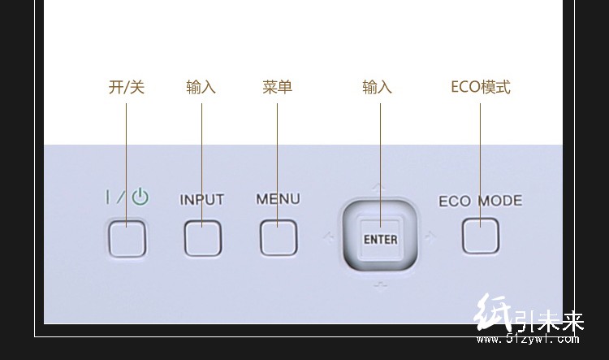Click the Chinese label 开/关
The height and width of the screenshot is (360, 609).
click(x=126, y=88)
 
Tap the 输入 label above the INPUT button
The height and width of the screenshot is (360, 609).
click(x=201, y=88)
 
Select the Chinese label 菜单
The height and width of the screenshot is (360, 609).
click(x=278, y=88)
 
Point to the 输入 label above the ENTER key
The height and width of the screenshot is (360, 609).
click(x=377, y=88)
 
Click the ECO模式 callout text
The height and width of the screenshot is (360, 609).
click(x=481, y=88)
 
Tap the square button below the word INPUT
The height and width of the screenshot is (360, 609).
click(x=202, y=238)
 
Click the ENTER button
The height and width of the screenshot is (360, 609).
click(x=380, y=239)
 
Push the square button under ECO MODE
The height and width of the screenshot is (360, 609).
click(x=481, y=236)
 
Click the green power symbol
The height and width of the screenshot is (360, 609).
click(x=140, y=197)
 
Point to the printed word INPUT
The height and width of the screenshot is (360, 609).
click(x=201, y=200)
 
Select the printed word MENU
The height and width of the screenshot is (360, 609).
click(x=278, y=199)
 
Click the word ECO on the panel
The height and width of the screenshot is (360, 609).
click(x=456, y=202)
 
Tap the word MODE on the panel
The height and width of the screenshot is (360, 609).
click(x=500, y=201)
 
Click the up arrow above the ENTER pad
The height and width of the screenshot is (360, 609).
click(x=380, y=187)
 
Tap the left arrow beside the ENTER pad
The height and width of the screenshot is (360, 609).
click(x=328, y=238)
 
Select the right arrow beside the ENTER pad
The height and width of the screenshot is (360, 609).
click(x=430, y=238)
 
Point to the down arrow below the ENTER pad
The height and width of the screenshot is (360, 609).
click(x=380, y=283)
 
